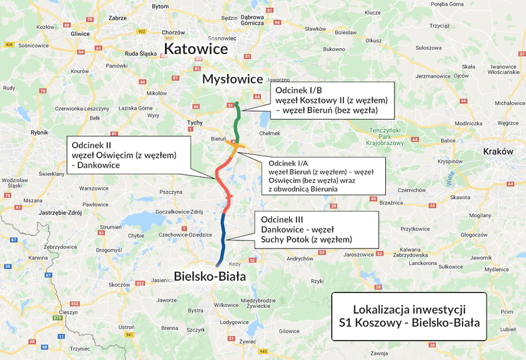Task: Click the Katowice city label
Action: coord(196,49)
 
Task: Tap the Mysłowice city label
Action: coord(233,79)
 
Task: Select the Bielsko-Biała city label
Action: coord(210,276)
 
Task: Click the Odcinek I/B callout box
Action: coord(331,100)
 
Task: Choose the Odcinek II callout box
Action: coord(127,154)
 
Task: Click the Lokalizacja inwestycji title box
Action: coord(409,317)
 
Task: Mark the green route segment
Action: coord(236,124)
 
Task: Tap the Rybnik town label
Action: coord(39,132)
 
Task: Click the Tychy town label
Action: coord(194,123)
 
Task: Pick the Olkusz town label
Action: coord(373,41)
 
